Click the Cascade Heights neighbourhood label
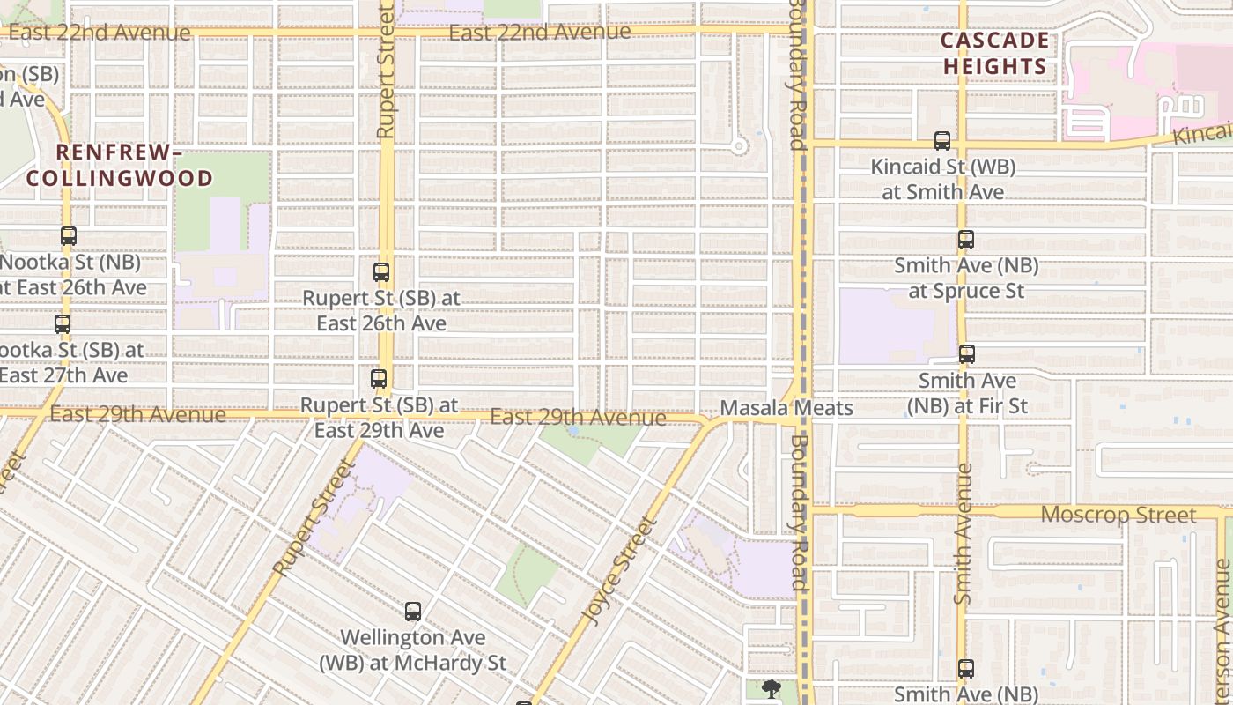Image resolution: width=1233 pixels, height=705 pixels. pyautogui.click(x=994, y=54)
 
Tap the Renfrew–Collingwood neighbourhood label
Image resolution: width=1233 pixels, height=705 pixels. pyautogui.click(x=120, y=165)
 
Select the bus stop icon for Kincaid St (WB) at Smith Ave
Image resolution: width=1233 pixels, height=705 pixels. pyautogui.click(x=942, y=141)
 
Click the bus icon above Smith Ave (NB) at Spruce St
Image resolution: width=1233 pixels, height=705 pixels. pyautogui.click(x=966, y=240)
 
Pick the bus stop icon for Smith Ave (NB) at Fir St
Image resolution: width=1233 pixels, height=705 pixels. pyautogui.click(x=967, y=354)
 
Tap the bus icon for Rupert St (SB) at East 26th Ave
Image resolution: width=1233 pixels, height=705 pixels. pyautogui.click(x=381, y=273)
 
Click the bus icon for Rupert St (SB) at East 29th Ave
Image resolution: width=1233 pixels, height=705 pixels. pyautogui.click(x=379, y=380)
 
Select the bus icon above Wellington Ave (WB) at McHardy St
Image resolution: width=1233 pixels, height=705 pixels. pyautogui.click(x=413, y=612)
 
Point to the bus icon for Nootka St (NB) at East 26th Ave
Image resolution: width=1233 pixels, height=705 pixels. pyautogui.click(x=69, y=236)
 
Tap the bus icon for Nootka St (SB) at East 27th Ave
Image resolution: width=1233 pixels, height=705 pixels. pyautogui.click(x=63, y=324)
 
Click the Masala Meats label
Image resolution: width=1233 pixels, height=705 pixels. pyautogui.click(x=786, y=408)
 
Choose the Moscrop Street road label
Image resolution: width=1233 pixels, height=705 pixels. pyautogui.click(x=1119, y=515)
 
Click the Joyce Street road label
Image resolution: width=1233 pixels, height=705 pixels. pyautogui.click(x=622, y=570)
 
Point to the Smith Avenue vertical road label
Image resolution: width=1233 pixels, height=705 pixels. pyautogui.click(x=963, y=534)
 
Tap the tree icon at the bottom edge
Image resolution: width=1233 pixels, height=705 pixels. pyautogui.click(x=772, y=688)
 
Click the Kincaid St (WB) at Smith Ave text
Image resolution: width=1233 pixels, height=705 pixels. pyautogui.click(x=943, y=179)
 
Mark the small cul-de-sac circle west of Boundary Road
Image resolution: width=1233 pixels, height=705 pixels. pyautogui.click(x=739, y=146)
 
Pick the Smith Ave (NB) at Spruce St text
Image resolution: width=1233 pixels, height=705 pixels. pyautogui.click(x=966, y=278)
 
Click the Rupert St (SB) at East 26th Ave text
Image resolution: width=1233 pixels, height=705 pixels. pyautogui.click(x=381, y=310)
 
